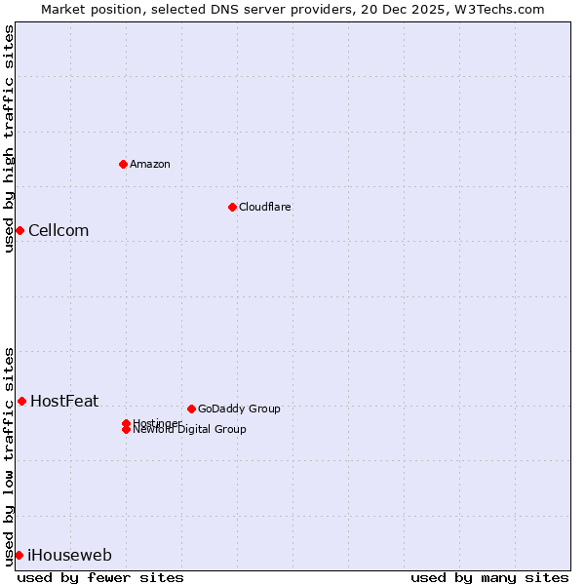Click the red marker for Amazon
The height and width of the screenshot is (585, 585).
pos(123,164)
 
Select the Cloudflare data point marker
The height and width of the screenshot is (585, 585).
pos(232,207)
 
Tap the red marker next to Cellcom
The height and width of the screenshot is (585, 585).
pos(19,230)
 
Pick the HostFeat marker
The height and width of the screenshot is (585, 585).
pos(21,401)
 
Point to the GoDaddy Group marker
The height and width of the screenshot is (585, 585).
pos(191,409)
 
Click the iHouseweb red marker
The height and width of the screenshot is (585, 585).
pos(19,555)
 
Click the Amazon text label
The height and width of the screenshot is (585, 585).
pos(150,164)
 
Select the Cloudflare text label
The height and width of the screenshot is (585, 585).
pos(265,207)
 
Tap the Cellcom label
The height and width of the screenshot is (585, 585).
pos(58,231)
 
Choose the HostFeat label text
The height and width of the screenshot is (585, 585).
pos(64,401)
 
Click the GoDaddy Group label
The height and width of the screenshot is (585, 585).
pos(239,409)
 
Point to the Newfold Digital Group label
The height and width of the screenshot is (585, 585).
pos(190,430)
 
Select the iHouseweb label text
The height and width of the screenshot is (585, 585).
pos(69,556)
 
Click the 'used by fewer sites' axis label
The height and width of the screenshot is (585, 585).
pos(100,577)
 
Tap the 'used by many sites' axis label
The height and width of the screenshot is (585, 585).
pos(489,577)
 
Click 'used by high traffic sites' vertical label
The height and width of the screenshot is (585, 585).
pos(9,138)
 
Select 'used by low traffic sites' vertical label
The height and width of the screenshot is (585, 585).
pos(9,455)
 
